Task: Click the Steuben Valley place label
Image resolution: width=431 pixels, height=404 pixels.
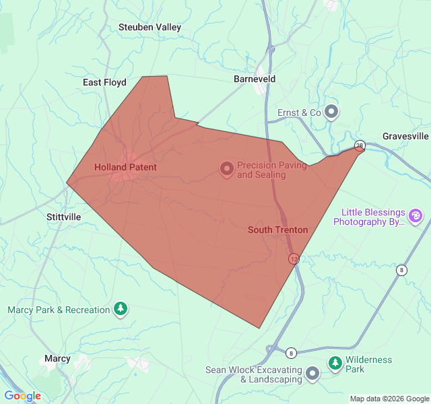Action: (x=150, y=27)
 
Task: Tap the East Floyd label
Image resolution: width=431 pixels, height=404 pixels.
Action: (x=104, y=82)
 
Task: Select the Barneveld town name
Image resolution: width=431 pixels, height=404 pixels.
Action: (x=255, y=79)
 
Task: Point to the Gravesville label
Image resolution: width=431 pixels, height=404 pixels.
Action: (x=405, y=136)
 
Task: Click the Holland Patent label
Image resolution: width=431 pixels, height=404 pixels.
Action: (x=125, y=167)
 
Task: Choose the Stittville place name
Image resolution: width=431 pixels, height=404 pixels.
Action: (x=64, y=217)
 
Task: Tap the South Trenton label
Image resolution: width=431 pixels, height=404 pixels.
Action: (x=277, y=230)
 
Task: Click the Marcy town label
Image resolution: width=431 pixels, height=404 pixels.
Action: (x=57, y=358)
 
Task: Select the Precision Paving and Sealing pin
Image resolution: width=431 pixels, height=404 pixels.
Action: (x=227, y=168)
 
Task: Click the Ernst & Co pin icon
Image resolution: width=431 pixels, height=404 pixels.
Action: (x=331, y=112)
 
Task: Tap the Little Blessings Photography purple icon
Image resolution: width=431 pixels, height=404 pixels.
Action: (x=416, y=215)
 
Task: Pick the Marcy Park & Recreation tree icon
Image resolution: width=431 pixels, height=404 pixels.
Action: (x=121, y=309)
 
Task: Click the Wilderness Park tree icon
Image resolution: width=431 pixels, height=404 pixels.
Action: (x=335, y=364)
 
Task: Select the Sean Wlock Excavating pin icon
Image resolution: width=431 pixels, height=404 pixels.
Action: (x=312, y=373)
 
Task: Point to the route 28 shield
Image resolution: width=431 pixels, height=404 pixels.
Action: (x=360, y=145)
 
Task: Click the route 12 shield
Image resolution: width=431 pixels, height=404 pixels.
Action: (x=294, y=259)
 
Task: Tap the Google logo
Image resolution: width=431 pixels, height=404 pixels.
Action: (x=23, y=396)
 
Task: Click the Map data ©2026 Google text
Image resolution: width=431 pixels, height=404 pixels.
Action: (x=389, y=399)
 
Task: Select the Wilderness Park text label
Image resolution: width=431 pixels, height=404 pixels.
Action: (x=368, y=364)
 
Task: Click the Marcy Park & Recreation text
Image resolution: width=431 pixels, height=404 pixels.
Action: (x=59, y=310)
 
